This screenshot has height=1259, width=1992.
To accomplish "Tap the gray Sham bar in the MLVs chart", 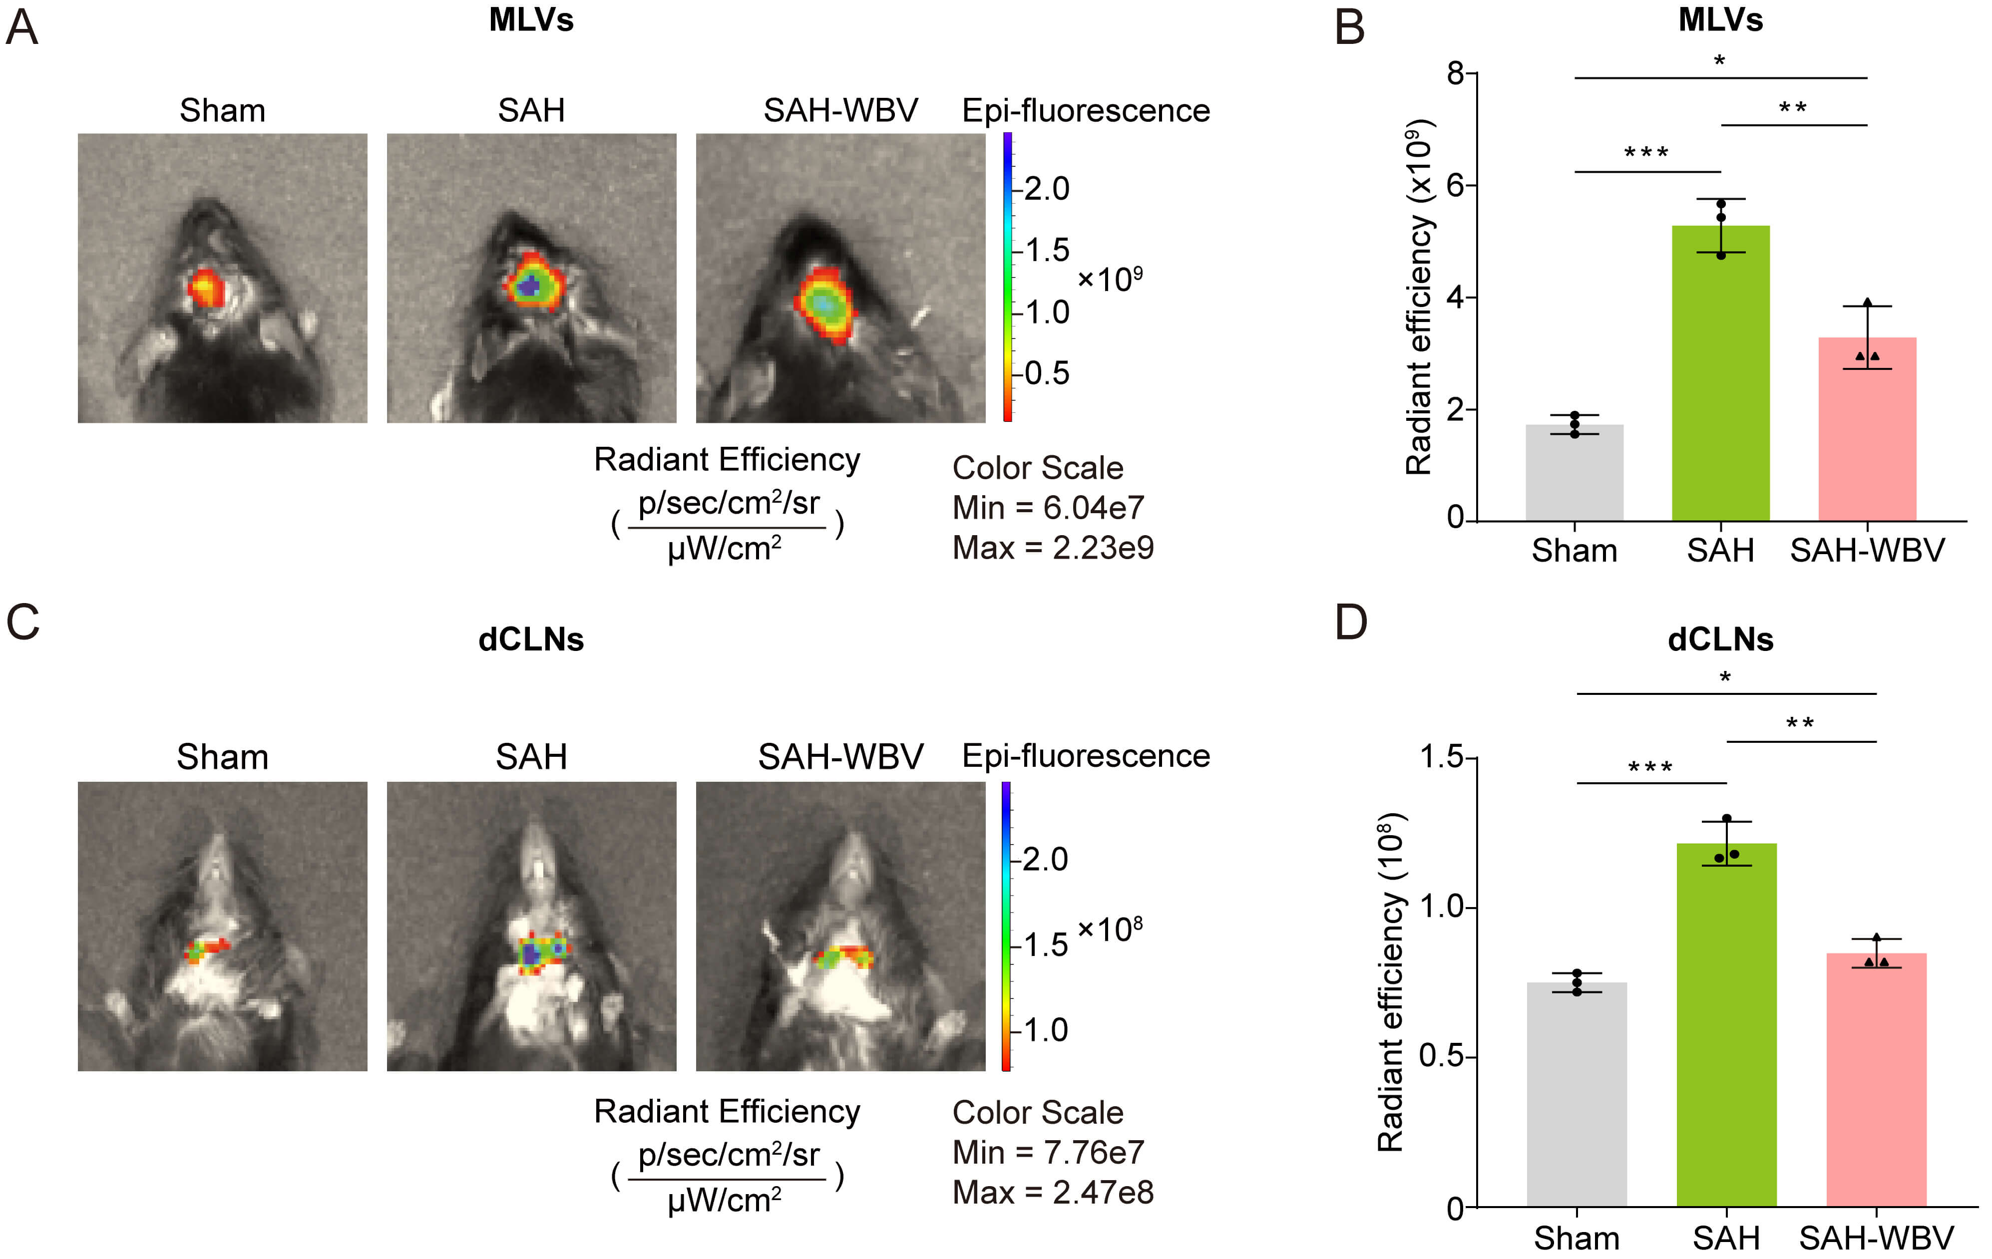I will [x=1574, y=472].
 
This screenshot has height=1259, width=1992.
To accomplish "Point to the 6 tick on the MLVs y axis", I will [x=1457, y=185].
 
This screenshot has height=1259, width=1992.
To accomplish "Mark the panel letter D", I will [x=1351, y=622].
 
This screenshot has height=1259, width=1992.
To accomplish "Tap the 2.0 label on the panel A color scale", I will [x=1047, y=189].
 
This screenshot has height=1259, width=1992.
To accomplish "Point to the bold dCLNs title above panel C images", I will [x=531, y=639].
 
